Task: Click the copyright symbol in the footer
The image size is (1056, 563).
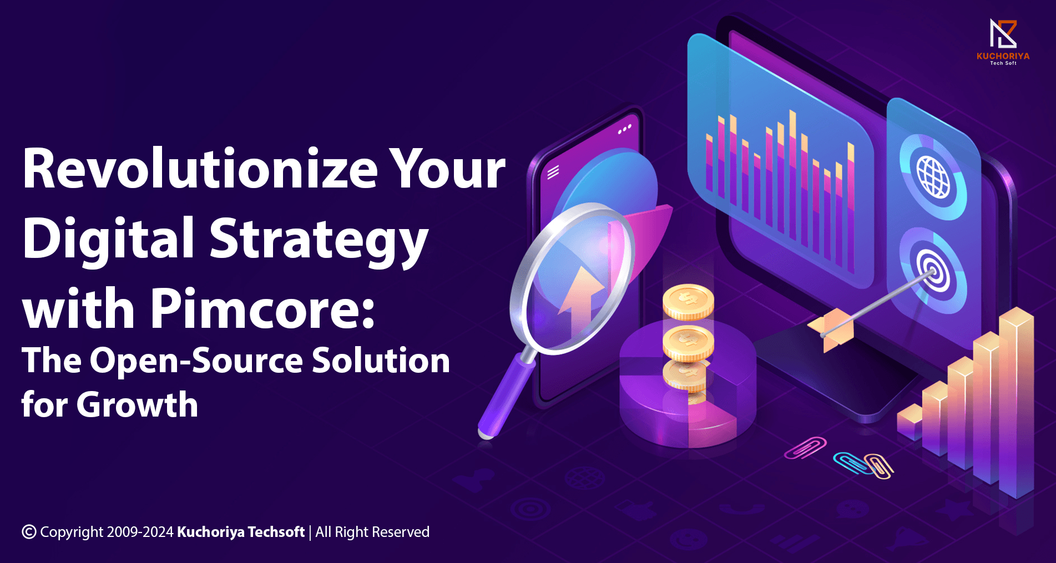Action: (x=29, y=532)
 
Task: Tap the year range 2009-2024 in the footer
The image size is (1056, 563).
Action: (x=140, y=532)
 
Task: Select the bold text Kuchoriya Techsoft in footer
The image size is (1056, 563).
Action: (x=241, y=532)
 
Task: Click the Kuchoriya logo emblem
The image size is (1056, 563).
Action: (x=1003, y=34)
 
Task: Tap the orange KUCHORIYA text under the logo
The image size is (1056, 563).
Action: (x=1003, y=56)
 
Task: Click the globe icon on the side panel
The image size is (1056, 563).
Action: (x=933, y=177)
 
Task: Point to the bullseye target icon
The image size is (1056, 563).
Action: (x=933, y=270)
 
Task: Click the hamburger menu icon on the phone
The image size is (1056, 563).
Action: (x=553, y=172)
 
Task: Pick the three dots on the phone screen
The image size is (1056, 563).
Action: (x=625, y=129)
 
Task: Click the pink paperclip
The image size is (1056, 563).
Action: (x=805, y=448)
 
